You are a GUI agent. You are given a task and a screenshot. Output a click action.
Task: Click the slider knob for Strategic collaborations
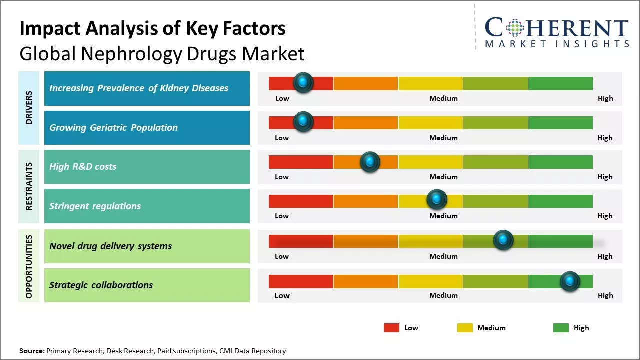pyautogui.click(x=569, y=281)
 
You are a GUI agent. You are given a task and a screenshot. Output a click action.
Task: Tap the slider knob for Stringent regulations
pyautogui.click(x=436, y=200)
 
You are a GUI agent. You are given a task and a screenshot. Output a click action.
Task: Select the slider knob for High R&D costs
pyautogui.click(x=370, y=162)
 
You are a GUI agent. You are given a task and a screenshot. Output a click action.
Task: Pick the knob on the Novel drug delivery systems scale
pyautogui.click(x=503, y=240)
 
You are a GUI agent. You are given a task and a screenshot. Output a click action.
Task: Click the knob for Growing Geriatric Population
pyautogui.click(x=303, y=122)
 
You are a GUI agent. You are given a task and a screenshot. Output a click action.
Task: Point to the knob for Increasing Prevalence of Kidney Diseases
pyautogui.click(x=303, y=82)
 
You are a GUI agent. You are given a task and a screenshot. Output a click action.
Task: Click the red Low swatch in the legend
pyautogui.click(x=391, y=328)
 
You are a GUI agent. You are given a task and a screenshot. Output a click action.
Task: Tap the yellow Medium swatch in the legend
pyautogui.click(x=465, y=328)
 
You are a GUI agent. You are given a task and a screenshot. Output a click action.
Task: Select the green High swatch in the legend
pyautogui.click(x=561, y=328)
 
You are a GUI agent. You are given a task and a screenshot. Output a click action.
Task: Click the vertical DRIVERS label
pyautogui.click(x=29, y=108)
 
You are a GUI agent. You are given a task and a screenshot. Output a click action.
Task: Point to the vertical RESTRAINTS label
pyautogui.click(x=29, y=186)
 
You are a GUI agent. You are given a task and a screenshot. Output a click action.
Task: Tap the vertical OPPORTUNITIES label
pyautogui.click(x=29, y=266)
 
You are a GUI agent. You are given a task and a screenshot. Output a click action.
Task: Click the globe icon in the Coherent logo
pyautogui.click(x=515, y=28)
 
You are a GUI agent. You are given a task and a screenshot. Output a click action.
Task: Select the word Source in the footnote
pyautogui.click(x=31, y=351)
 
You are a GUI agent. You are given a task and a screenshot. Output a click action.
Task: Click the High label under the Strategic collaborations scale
pyautogui.click(x=605, y=295)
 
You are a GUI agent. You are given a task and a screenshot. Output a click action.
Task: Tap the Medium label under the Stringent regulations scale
pyautogui.click(x=443, y=216)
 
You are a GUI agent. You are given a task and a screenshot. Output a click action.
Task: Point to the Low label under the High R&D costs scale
pyautogui.click(x=282, y=177)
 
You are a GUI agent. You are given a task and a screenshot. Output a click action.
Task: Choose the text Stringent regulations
pyautogui.click(x=95, y=206)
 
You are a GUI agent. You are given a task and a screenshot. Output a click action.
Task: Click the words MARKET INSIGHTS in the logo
pyautogui.click(x=557, y=44)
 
